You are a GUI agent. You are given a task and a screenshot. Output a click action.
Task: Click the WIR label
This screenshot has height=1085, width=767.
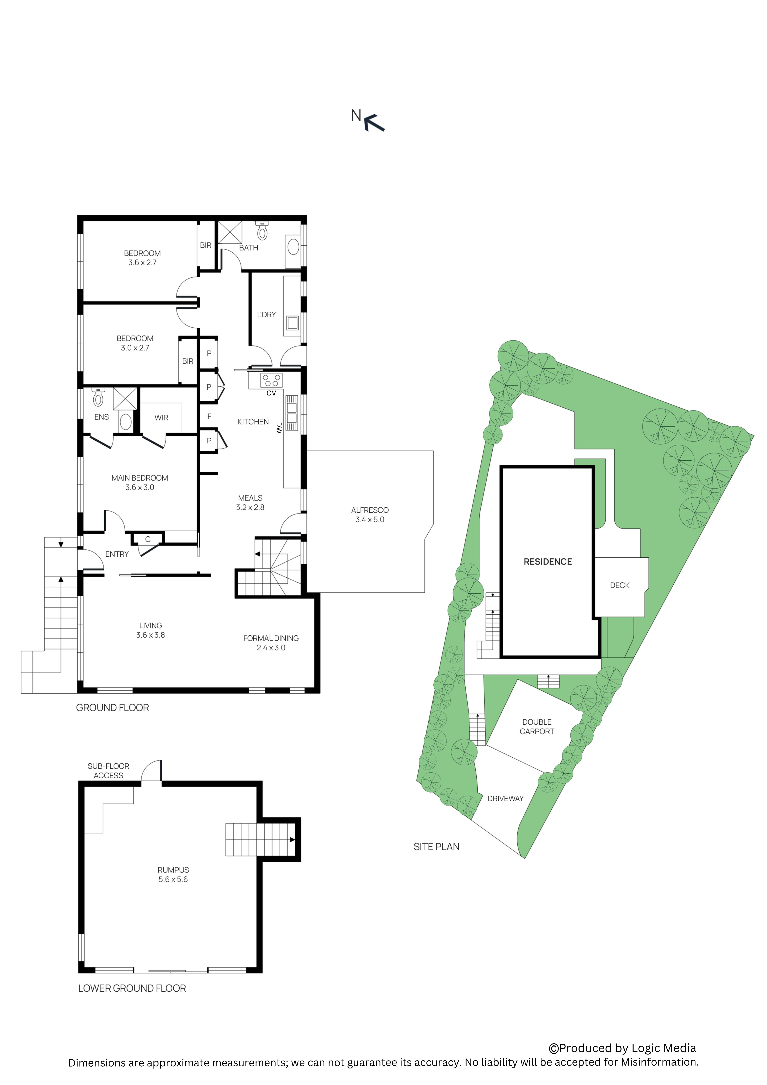click(x=161, y=418)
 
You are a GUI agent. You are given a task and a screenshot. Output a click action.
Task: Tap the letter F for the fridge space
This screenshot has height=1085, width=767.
click(x=209, y=416)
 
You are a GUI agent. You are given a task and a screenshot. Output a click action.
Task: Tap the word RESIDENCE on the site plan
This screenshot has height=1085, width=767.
click(x=548, y=561)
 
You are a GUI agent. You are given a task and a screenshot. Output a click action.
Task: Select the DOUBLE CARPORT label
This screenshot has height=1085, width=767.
click(x=537, y=727)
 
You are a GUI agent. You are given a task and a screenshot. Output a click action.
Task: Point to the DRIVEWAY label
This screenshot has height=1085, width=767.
click(x=505, y=799)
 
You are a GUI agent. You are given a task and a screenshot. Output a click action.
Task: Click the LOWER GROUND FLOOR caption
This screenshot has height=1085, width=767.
click(x=132, y=988)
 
